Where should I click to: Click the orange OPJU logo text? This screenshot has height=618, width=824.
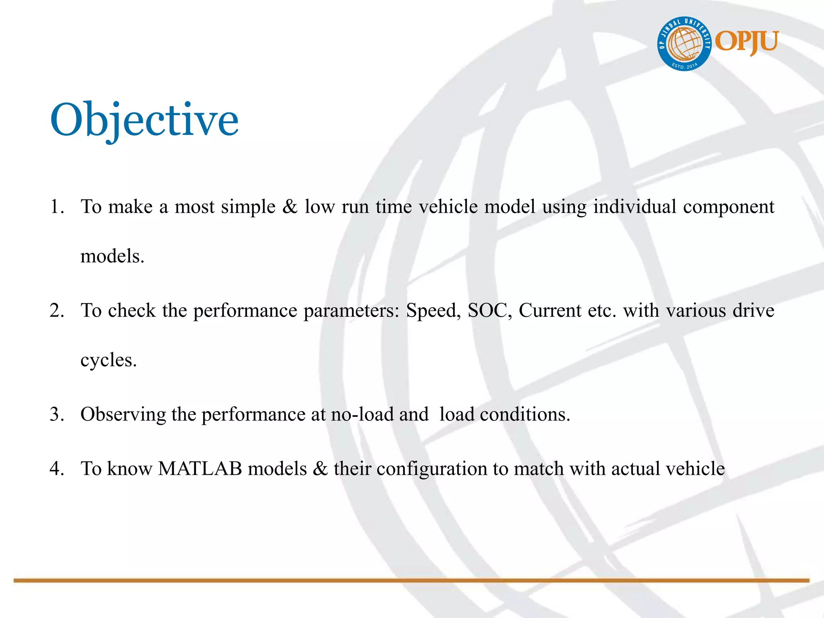(x=746, y=42)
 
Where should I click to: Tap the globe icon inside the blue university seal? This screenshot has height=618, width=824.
(x=684, y=44)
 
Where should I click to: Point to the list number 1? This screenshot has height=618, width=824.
(x=57, y=207)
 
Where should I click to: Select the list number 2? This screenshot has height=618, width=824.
(x=57, y=311)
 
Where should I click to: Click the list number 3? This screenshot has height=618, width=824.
(x=57, y=414)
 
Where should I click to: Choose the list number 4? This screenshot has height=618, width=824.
(x=57, y=469)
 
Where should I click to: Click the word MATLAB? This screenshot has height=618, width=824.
(x=200, y=469)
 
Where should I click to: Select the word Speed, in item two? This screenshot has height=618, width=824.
(x=433, y=311)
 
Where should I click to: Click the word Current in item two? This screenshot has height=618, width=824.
(x=550, y=311)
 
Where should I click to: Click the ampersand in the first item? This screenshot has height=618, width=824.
(x=290, y=207)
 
